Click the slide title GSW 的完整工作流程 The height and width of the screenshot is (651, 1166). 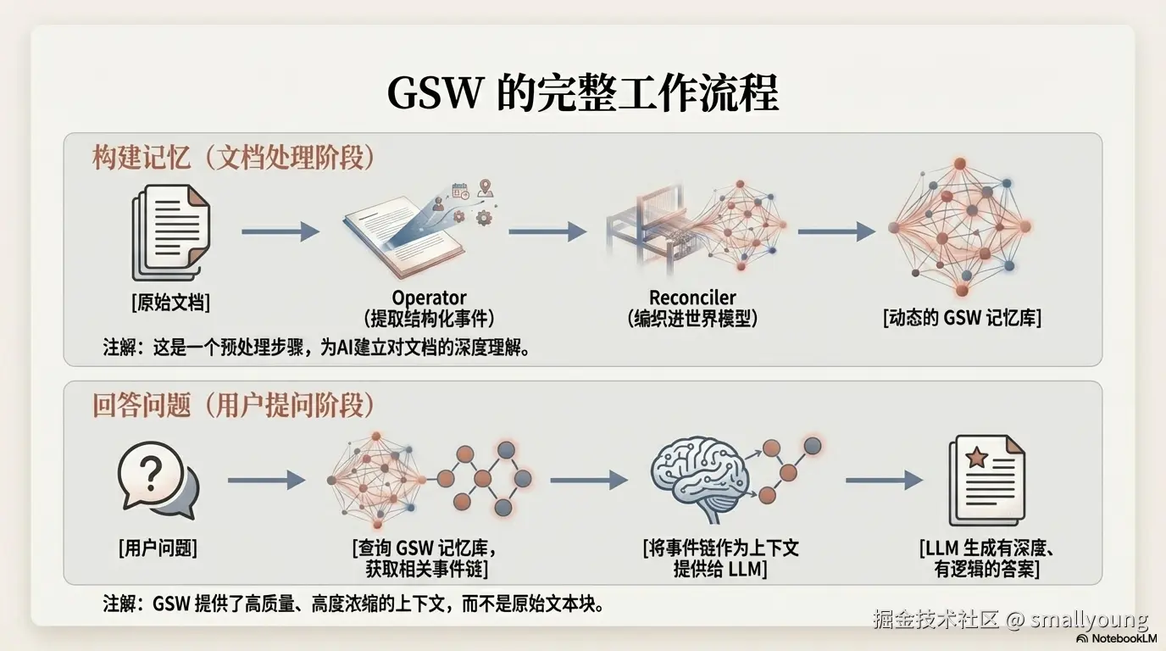(582, 92)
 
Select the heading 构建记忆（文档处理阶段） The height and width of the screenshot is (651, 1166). (234, 159)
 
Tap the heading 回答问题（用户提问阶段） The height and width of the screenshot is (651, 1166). (233, 406)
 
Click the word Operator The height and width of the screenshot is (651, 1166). (429, 298)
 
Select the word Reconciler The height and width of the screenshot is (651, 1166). (692, 298)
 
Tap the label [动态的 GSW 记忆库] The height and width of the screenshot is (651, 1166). (962, 318)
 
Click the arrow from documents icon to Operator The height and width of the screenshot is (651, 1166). (280, 231)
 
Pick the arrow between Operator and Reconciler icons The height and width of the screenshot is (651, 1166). (547, 231)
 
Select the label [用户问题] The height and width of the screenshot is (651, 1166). (158, 548)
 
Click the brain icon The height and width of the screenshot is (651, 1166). (699, 475)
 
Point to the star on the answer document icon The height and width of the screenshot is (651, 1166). (976, 458)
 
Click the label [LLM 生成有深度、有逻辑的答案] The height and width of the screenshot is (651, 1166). (986, 558)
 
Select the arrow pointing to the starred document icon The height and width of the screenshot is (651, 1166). (883, 480)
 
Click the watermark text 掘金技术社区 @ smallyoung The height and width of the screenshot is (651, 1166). (1010, 620)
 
